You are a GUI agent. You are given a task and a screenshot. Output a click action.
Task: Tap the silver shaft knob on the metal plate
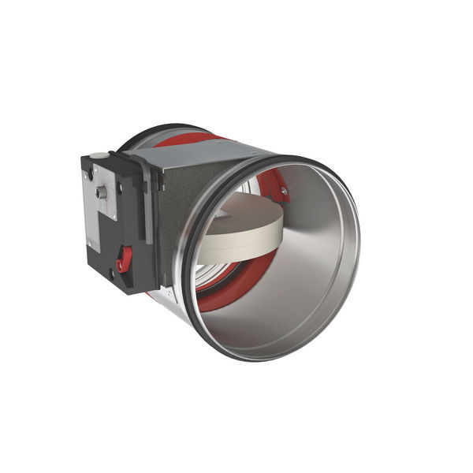pos(101,192)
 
